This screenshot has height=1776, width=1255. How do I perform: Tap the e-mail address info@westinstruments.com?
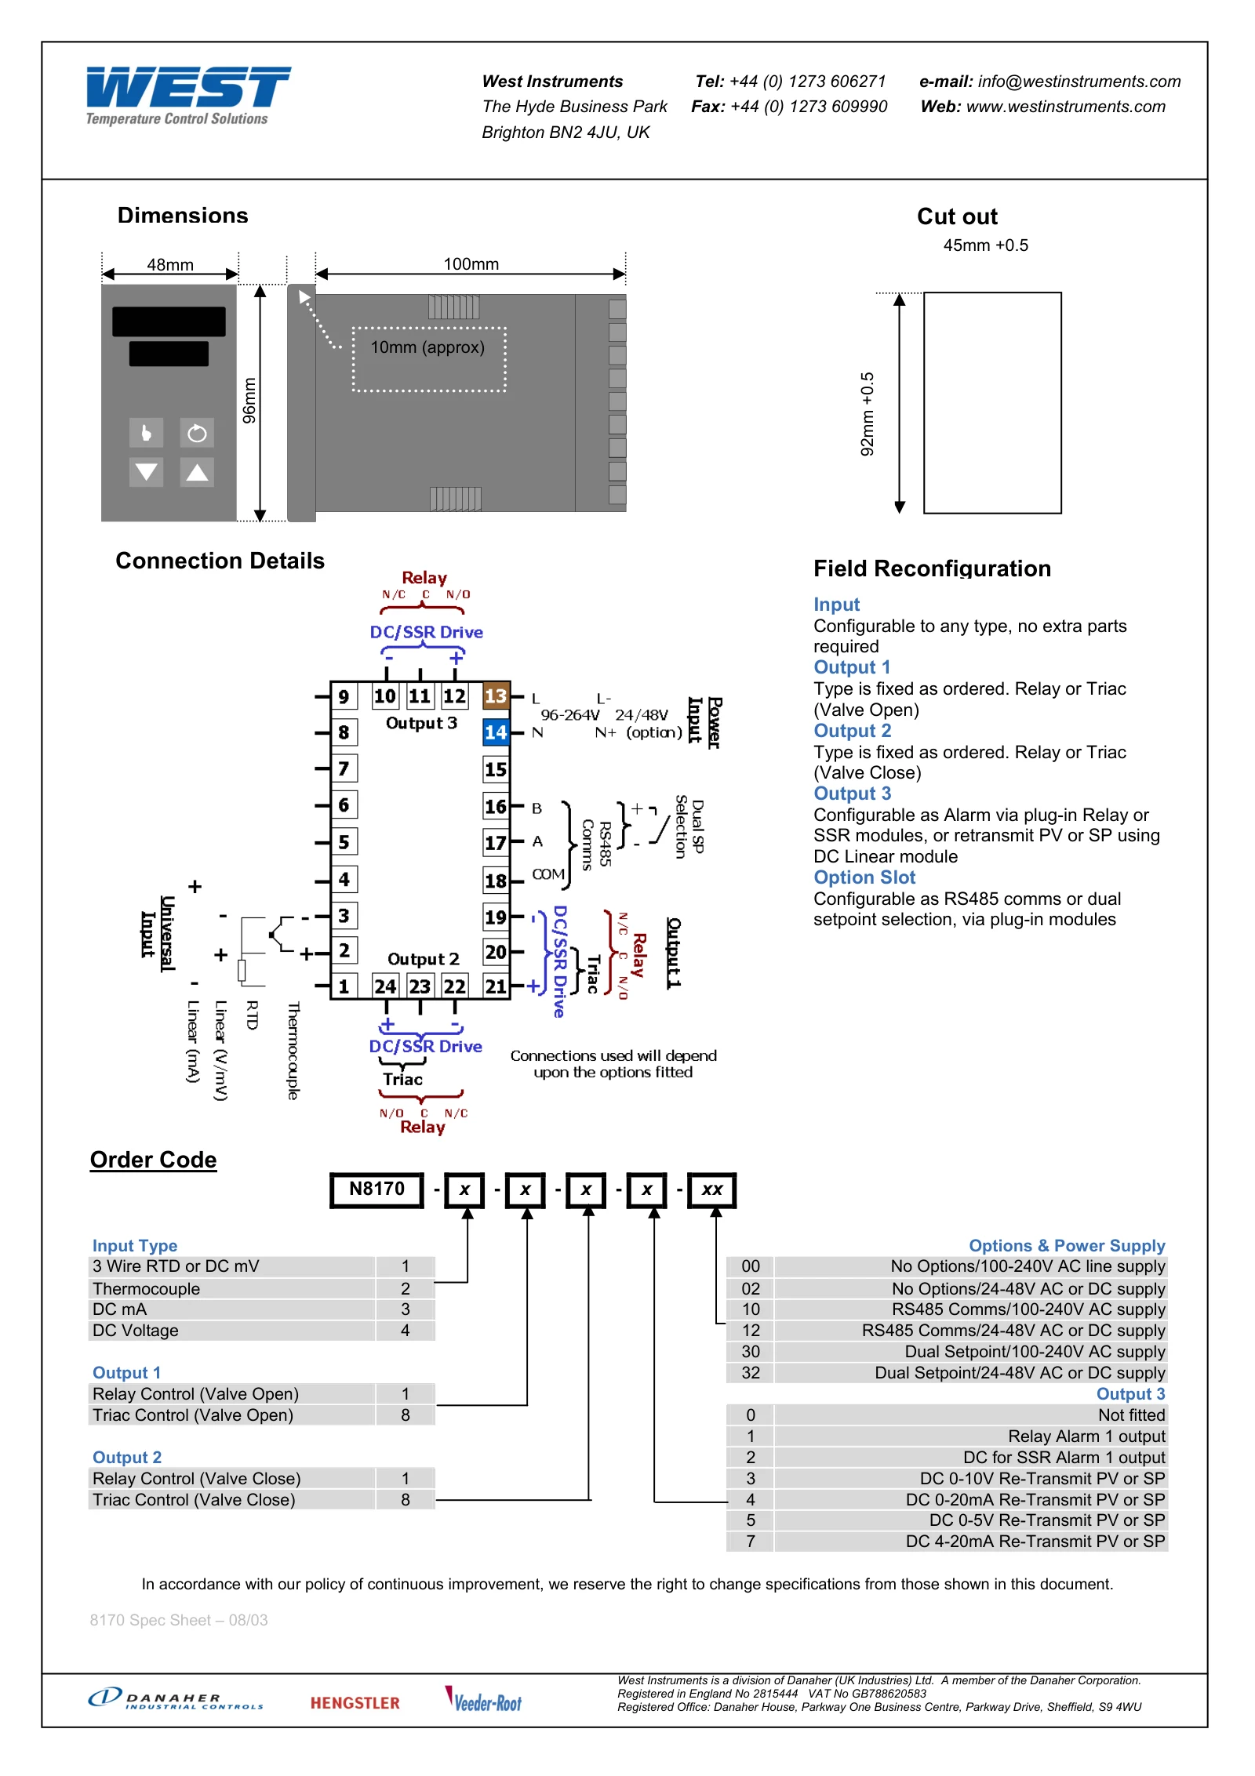point(1079,82)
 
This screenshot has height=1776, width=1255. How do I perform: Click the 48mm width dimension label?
point(170,265)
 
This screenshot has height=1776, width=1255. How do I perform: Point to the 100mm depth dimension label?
point(471,264)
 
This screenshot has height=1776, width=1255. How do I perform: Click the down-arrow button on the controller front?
point(147,472)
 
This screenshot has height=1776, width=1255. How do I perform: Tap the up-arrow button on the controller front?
point(197,472)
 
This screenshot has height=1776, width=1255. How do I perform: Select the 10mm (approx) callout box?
point(428,359)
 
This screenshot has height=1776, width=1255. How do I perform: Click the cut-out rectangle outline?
point(924,403)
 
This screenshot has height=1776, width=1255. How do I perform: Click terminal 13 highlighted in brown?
point(496,696)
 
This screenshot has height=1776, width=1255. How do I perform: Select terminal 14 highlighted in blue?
point(496,732)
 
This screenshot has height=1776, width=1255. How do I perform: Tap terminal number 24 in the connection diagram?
point(385,986)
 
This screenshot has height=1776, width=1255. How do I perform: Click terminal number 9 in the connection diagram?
point(344,696)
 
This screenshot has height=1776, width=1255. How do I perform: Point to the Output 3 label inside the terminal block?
point(421,723)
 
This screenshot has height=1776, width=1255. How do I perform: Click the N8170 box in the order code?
point(376,1190)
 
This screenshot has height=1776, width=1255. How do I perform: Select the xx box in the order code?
point(712,1190)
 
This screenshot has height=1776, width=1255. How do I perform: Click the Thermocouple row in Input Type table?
point(261,1288)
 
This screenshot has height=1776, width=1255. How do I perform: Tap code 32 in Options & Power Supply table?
point(751,1372)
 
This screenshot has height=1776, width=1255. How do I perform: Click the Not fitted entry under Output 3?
point(1131,1415)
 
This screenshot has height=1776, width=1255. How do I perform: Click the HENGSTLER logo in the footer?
point(355,1703)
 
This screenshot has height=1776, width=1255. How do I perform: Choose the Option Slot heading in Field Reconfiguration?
point(864,877)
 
